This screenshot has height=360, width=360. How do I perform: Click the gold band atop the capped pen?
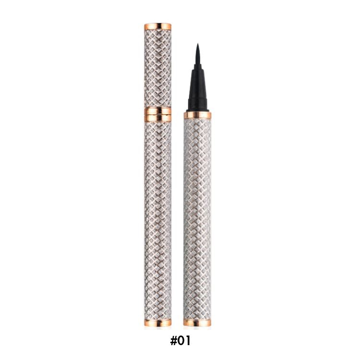158,26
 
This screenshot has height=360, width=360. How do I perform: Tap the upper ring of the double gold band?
158,111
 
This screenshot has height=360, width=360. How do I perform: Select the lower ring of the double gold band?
158,118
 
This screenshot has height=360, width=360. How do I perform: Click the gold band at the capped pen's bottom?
158,323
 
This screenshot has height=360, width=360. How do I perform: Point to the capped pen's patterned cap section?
158,69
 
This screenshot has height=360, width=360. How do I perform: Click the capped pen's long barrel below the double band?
158,220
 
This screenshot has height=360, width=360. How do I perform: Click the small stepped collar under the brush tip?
197,67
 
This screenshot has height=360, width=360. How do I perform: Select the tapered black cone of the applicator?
197,84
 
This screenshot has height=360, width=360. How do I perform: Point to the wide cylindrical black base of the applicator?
197,104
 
